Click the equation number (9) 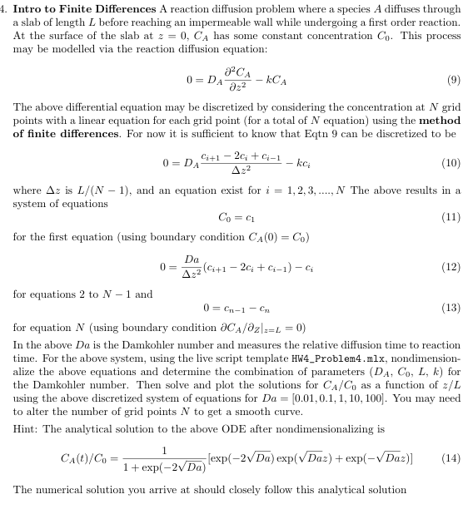(453, 82)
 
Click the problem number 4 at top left (5, 8)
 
